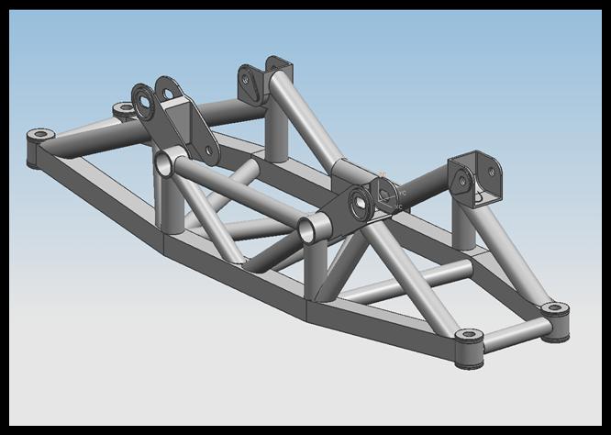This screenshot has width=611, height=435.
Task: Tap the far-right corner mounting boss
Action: pos(554,310)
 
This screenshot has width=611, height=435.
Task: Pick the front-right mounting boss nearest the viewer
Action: pos(469,337)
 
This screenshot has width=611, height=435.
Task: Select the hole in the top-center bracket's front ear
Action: pos(249,80)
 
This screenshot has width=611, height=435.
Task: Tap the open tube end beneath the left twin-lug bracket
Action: pos(163,165)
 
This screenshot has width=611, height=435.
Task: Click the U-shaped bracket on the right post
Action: pos(475,179)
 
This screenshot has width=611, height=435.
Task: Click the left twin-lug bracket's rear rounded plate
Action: pos(169,93)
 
